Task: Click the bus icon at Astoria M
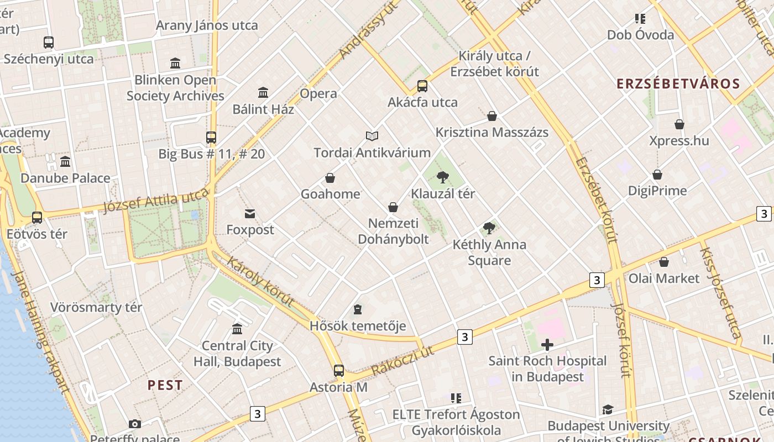coord(338,371)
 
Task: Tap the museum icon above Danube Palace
coord(65,162)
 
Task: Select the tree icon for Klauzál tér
coord(442,177)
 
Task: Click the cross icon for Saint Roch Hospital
coord(547,345)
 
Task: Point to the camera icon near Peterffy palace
coord(134,424)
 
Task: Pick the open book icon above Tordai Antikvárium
coord(372,136)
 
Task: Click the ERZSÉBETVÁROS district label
coord(678,84)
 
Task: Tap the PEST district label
coord(165,385)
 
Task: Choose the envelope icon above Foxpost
coord(250,213)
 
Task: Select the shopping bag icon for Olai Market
coord(664,262)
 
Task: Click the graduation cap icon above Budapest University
coord(608,409)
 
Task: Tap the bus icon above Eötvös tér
coord(37,218)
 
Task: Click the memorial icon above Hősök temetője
coord(358,309)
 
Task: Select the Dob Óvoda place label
coord(640,35)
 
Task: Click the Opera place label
coord(318,93)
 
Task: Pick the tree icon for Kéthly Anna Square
coord(489,228)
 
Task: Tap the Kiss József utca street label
coord(720,292)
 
